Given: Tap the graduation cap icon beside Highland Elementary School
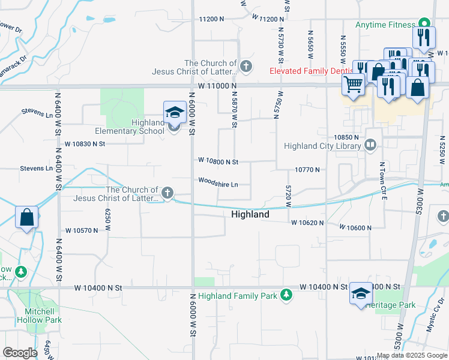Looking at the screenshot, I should tap(174, 112).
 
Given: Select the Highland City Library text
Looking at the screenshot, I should tap(322, 146).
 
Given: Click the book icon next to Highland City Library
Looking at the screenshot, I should tap(371, 145).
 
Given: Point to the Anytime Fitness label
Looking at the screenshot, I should tap(385, 25).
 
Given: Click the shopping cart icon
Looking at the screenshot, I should tap(353, 84).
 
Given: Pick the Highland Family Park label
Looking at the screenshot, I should tap(238, 296).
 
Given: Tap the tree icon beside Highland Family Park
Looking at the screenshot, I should tap(287, 295).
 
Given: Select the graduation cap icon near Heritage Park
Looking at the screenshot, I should tap(361, 293).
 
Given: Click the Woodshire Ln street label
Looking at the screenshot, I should tap(218, 181).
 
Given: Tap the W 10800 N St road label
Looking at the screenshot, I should tap(218, 161).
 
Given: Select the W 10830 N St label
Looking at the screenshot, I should tap(85, 144).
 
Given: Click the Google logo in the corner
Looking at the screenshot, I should tap(20, 353).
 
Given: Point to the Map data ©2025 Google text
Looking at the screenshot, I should tap(412, 355).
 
